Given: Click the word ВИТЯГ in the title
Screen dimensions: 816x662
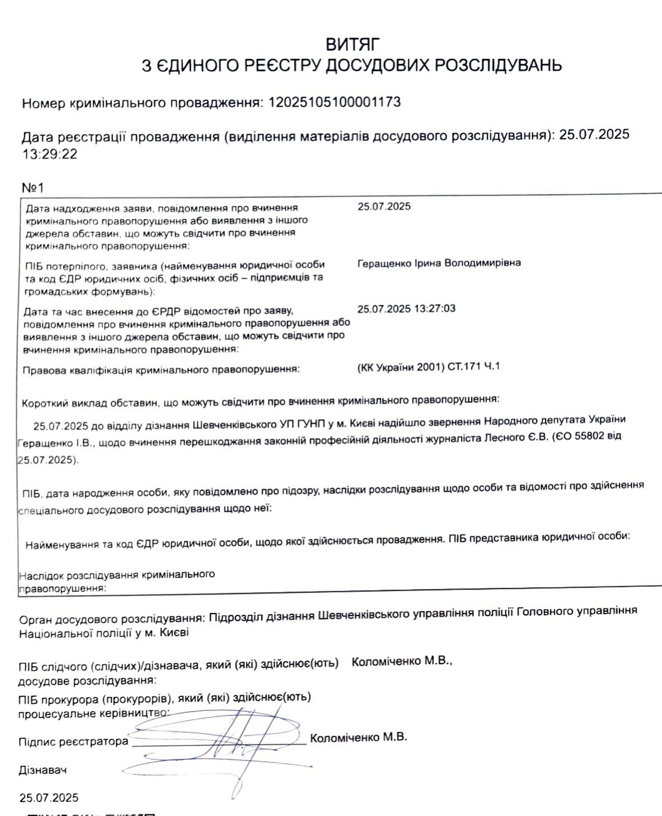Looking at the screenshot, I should click(x=353, y=44).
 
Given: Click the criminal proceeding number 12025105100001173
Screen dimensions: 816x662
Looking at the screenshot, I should click(x=335, y=102).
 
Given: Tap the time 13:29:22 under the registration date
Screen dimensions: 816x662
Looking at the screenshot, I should click(x=49, y=154).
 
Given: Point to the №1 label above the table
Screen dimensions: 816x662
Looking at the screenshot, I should click(x=33, y=187).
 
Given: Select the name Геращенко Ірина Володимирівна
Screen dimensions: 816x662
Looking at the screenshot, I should click(x=439, y=263).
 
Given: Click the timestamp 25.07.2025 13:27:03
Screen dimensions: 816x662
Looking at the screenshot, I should click(x=406, y=309).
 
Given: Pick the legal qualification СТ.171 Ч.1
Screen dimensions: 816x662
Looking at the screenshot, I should click(x=473, y=367).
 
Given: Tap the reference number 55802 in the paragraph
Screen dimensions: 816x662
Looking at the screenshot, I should click(x=594, y=436).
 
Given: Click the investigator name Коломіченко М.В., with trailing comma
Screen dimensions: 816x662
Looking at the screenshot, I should click(x=401, y=661).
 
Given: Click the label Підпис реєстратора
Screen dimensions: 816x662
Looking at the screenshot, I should click(x=73, y=742).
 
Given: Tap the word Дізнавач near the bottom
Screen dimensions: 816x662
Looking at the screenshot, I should click(x=43, y=770).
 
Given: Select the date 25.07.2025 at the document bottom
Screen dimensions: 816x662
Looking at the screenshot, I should click(x=49, y=798).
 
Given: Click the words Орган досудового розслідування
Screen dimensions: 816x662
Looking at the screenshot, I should click(x=111, y=619).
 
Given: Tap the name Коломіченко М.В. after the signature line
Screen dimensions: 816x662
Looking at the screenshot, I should click(x=358, y=737).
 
